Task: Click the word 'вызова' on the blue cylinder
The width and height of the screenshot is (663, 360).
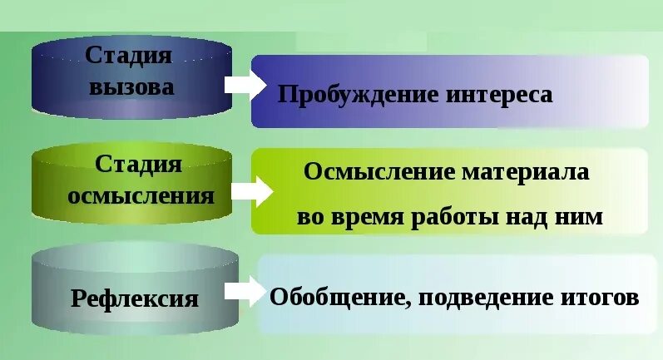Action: [x=133, y=86]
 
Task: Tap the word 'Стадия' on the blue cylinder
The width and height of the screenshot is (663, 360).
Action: [x=129, y=56]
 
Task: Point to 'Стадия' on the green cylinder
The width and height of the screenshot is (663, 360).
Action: [x=139, y=163]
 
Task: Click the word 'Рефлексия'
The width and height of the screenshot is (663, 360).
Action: [x=135, y=298]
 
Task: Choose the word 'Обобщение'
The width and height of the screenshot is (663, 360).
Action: [x=338, y=297]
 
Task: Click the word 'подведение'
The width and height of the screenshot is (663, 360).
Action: [x=479, y=297]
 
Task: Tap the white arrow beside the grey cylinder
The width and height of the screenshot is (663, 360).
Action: [x=245, y=291]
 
